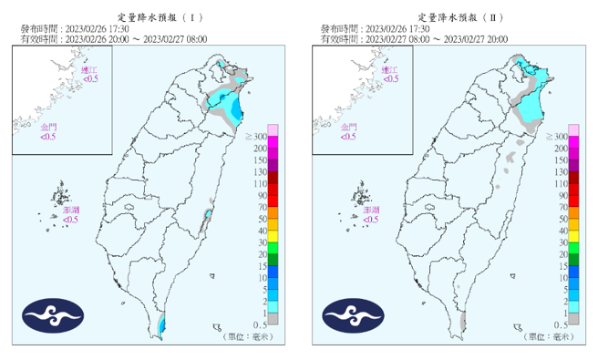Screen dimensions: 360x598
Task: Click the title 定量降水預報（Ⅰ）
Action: pyautogui.click(x=150, y=17)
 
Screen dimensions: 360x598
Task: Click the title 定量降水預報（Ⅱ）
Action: pyautogui.click(x=450, y=17)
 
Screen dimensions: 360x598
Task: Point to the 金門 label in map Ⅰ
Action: pyautogui.click(x=48, y=127)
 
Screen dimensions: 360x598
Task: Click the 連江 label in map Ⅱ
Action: pyautogui.click(x=390, y=69)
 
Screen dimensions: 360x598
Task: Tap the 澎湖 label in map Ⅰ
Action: pyautogui.click(x=70, y=210)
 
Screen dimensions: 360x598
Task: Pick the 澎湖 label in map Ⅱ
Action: pyautogui.click(x=370, y=210)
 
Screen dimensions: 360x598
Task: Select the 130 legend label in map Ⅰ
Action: pyautogui.click(x=260, y=171)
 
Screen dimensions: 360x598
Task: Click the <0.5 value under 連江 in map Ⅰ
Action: pyautogui.click(x=90, y=79)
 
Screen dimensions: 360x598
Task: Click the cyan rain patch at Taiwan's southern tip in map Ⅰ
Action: pyautogui.click(x=162, y=324)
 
